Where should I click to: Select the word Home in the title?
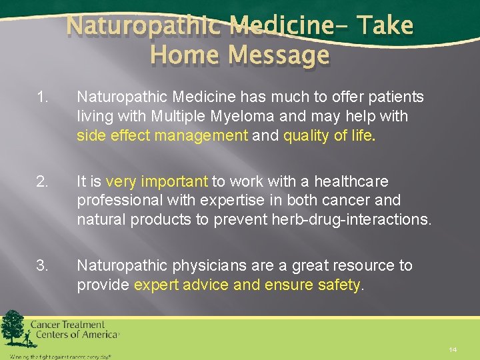tap(182, 55)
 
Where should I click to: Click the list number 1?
tap(42, 97)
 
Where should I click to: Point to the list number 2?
tap(42, 181)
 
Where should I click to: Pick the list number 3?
tap(42, 265)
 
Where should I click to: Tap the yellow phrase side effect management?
tap(162, 136)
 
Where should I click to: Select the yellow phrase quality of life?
tap(329, 136)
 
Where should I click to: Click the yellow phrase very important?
tap(157, 181)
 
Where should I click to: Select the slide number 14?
tap(453, 349)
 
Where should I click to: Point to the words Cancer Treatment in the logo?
tap(67, 325)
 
